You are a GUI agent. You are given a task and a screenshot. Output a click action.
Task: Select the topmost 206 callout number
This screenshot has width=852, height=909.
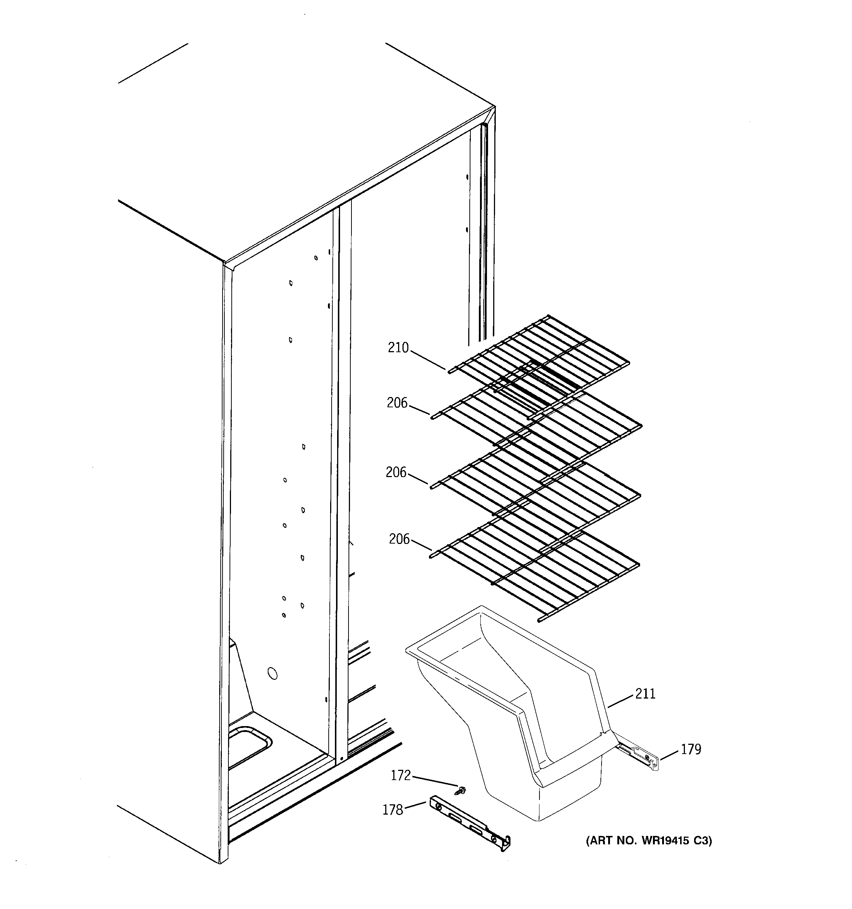click(x=397, y=403)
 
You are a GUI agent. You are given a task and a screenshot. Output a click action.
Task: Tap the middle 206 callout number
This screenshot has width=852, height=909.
click(x=396, y=472)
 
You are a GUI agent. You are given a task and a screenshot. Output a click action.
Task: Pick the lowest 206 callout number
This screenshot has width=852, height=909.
click(x=399, y=539)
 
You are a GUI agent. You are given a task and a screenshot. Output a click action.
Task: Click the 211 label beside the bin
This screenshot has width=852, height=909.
click(x=645, y=694)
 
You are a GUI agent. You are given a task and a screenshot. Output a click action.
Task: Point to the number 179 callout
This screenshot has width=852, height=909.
click(x=690, y=750)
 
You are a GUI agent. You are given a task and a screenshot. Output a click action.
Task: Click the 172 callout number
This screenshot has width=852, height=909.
click(x=401, y=776)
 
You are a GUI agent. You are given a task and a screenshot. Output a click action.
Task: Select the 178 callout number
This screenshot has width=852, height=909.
click(x=392, y=810)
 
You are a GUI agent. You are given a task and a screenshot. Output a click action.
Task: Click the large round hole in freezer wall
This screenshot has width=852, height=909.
click(x=272, y=673)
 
